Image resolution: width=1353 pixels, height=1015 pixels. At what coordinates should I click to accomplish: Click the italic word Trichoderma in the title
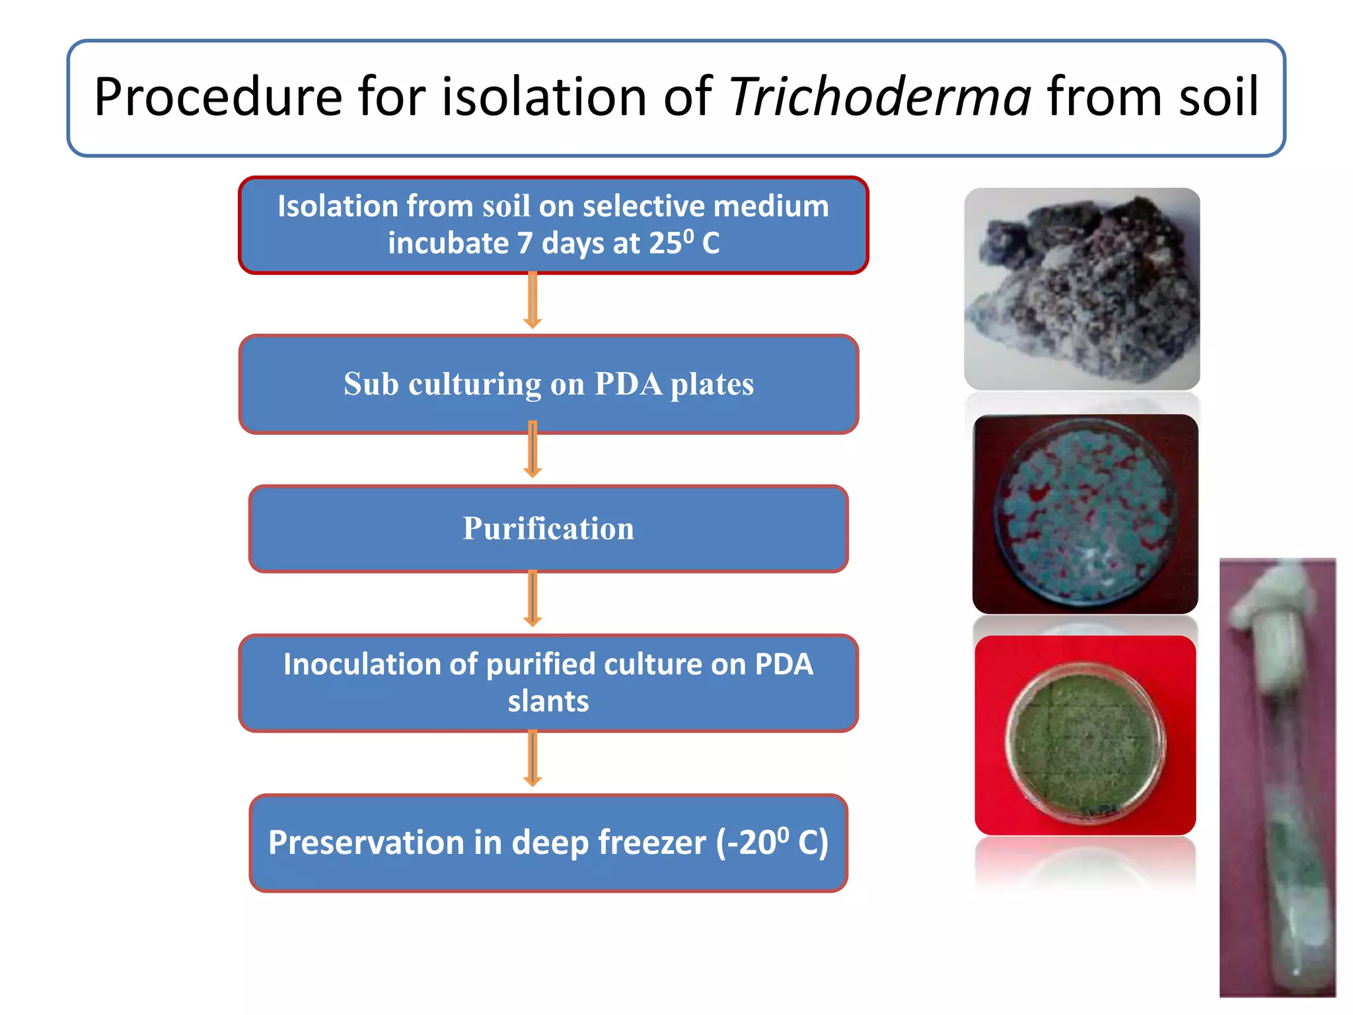pyautogui.click(x=879, y=98)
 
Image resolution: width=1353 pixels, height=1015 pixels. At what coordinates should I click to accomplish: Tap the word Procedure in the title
pyautogui.click(x=218, y=98)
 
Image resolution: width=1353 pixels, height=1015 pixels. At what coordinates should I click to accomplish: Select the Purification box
pyautogui.click(x=548, y=529)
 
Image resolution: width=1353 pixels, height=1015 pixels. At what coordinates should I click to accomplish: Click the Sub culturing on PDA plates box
pyautogui.click(x=548, y=384)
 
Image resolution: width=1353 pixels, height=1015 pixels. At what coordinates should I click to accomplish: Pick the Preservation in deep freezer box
pyautogui.click(x=548, y=843)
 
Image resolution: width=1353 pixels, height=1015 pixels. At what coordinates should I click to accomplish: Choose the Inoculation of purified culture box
pyautogui.click(x=548, y=683)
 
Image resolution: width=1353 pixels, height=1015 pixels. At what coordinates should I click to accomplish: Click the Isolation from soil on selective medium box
pyautogui.click(x=553, y=225)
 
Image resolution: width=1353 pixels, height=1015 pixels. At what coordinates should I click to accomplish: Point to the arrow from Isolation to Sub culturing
pyautogui.click(x=532, y=301)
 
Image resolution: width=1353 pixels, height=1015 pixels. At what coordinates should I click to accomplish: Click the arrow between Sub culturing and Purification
pyautogui.click(x=532, y=449)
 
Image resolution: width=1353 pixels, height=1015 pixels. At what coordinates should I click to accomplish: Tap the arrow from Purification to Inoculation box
pyautogui.click(x=532, y=598)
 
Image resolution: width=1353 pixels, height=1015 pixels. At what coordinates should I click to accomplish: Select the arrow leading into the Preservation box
pyautogui.click(x=532, y=758)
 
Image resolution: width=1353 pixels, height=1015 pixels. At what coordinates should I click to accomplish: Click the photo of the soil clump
pyautogui.click(x=1082, y=289)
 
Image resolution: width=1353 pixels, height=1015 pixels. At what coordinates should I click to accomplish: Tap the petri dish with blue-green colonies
pyautogui.click(x=1085, y=513)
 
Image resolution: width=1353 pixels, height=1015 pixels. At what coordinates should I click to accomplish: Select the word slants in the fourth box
pyautogui.click(x=548, y=701)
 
